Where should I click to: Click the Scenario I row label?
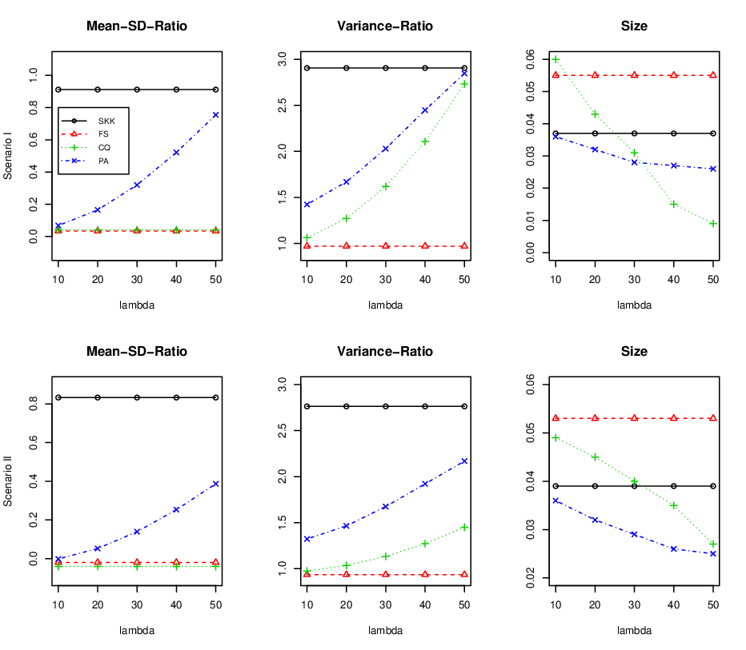[x=8, y=156]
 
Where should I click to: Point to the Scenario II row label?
[x=8, y=481]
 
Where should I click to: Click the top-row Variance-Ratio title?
[x=385, y=26]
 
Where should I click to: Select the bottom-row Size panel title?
[x=634, y=351]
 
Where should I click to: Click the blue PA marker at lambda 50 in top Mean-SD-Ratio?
[x=215, y=114]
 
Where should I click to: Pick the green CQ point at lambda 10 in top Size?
[x=555, y=59]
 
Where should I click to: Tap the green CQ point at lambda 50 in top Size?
[x=712, y=224]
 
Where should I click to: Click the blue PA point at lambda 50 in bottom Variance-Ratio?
[x=464, y=461]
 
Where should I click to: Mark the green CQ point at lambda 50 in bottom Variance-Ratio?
[x=464, y=528]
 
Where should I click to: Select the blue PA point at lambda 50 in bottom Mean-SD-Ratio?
[x=215, y=484]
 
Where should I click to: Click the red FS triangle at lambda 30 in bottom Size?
[x=634, y=418]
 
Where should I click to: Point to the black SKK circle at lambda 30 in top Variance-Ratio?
[x=385, y=68]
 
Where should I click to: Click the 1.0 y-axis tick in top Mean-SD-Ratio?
[x=34, y=75]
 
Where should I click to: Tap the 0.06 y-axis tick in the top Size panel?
[x=530, y=59]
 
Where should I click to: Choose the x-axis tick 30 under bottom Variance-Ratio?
[x=385, y=605]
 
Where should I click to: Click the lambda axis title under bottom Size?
[x=634, y=631]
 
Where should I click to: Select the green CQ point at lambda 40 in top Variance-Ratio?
[x=425, y=142]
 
